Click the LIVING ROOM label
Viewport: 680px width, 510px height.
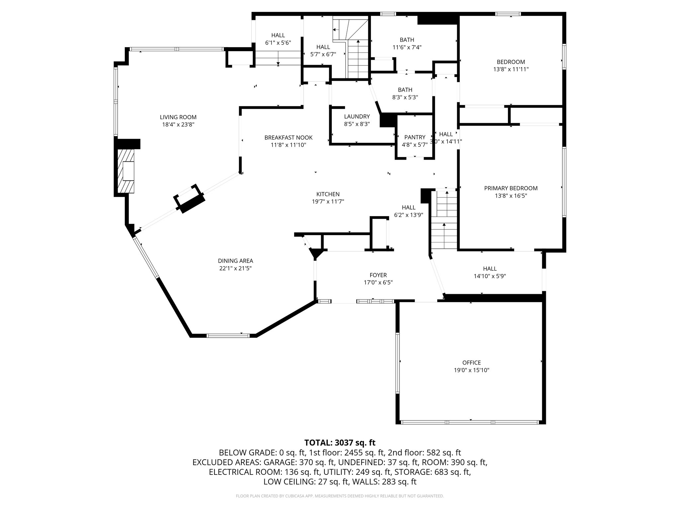coord(178,117)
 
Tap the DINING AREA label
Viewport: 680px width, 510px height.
coord(235,261)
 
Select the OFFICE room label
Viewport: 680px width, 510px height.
coord(471,363)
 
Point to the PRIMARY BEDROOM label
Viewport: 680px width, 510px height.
coord(511,188)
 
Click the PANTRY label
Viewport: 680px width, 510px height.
coord(415,137)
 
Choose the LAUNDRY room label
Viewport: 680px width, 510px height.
coord(357,117)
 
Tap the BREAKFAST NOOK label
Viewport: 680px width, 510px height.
coord(288,137)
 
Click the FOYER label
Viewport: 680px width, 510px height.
coord(378,275)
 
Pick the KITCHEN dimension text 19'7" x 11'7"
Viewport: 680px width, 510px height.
coord(328,202)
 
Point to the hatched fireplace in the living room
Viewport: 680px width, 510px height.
coord(126,171)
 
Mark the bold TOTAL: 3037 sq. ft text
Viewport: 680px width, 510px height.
coord(340,443)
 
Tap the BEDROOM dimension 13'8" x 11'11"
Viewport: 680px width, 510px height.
coord(511,69)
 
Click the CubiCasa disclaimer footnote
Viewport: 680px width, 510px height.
coord(340,496)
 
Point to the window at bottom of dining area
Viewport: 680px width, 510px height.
coord(228,336)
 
